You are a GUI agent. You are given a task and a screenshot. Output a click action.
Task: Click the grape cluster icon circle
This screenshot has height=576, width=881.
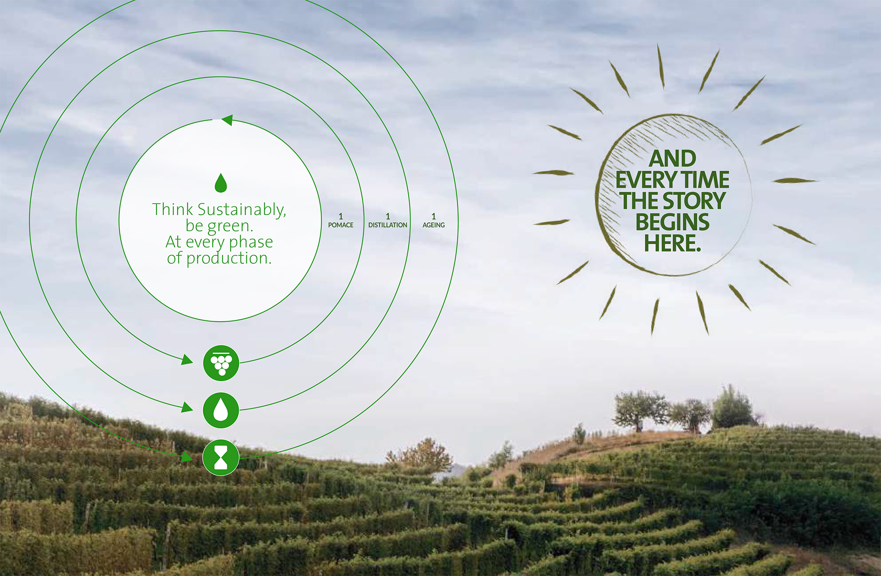221,363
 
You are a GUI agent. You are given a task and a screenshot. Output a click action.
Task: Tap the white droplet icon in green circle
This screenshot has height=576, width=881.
221,410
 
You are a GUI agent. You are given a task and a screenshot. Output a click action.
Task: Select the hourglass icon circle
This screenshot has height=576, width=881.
221,457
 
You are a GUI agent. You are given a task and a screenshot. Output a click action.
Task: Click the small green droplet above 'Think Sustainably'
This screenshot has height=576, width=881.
221,183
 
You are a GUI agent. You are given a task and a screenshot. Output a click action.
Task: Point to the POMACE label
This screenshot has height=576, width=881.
341,225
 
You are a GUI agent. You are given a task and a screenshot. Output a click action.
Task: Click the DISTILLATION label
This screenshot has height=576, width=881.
388,225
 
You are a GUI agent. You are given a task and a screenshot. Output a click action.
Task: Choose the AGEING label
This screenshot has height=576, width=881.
433,225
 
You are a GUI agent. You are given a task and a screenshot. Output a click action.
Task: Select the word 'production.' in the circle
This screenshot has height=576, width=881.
229,258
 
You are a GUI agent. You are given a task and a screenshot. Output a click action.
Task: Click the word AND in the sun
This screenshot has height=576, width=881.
673,158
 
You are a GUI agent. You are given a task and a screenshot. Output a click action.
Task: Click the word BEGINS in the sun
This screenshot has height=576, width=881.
673,222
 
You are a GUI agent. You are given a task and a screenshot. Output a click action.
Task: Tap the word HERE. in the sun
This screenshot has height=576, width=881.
673,243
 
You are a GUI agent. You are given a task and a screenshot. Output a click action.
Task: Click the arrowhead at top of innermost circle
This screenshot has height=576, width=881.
227,120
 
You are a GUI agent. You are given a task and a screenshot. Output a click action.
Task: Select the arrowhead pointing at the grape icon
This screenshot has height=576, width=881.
187,360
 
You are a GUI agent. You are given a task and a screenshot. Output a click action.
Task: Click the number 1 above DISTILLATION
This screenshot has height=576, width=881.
388,216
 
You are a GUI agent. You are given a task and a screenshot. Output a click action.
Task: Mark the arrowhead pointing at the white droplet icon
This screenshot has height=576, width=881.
187,407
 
